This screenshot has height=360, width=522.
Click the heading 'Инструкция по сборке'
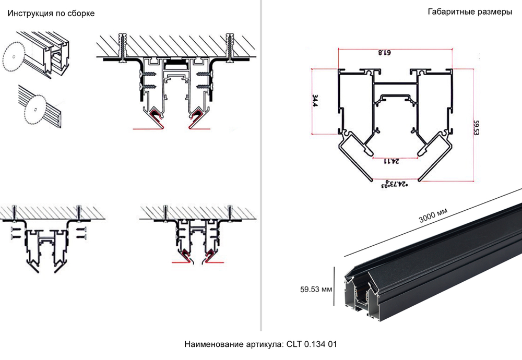(51, 14)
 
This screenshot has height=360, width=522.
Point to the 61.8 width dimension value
(384, 53)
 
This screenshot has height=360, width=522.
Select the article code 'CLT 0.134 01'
(312, 345)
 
